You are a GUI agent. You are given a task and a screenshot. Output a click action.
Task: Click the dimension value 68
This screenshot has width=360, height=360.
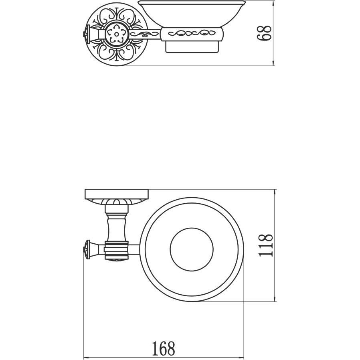click(265, 33)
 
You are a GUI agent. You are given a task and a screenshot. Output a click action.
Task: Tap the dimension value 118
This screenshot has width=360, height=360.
click(266, 245)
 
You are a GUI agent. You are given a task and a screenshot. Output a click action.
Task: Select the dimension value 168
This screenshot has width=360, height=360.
click(164, 348)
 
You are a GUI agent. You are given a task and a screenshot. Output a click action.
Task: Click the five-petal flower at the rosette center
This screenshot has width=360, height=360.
click(116, 34)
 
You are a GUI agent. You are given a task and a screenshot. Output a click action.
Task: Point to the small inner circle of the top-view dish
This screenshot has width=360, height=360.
click(192, 249)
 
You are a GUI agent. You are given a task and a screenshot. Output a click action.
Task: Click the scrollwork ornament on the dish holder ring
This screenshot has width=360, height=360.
click(192, 34)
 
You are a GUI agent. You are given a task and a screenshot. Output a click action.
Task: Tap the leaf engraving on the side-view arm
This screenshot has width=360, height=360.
click(145, 34)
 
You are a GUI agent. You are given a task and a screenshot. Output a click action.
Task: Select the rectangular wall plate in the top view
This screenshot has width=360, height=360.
click(117, 194)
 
